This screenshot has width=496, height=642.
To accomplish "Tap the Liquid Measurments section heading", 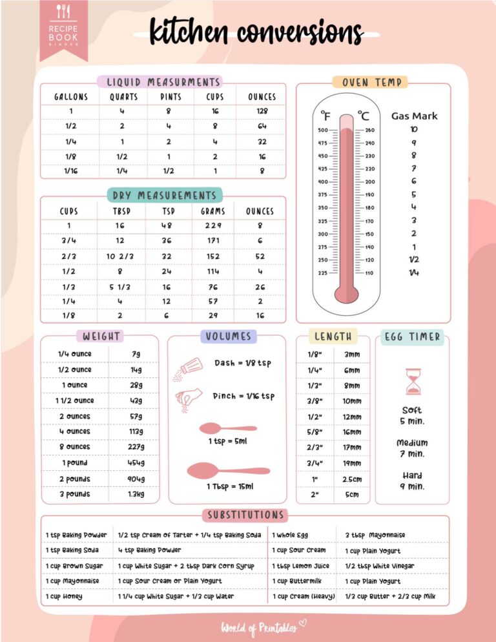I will pos(160,82).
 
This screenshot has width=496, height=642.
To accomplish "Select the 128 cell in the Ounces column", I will pos(262,111).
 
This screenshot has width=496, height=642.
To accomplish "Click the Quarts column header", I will pos(123,97).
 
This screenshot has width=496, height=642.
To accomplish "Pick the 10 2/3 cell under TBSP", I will pos(119,256).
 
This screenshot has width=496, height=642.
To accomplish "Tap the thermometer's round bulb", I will pos(346,293).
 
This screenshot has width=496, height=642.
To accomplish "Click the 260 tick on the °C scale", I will pos(369,130).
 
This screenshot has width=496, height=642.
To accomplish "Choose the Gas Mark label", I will pos(414,116).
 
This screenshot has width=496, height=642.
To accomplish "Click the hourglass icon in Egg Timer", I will pos(413,382).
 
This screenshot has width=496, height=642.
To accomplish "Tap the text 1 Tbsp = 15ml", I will pos(230,486).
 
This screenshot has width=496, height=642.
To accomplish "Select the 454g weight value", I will pos(136,463).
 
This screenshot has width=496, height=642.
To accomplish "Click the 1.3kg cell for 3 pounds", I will pos(136,494).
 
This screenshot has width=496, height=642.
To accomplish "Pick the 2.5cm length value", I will pos(352,479).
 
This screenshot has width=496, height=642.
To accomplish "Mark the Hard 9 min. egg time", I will pos(412,481).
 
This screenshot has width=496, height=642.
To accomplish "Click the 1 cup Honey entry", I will pos(64,596).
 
